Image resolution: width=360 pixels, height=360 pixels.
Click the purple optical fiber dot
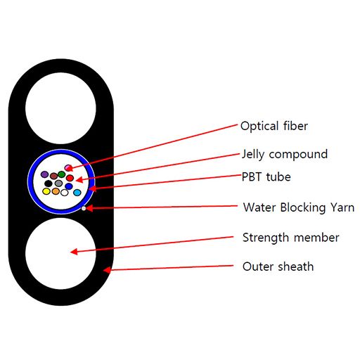tap(45, 174)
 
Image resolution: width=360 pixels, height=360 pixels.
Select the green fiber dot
tap(62, 174)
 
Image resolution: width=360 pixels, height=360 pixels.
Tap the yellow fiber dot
tap(46, 191)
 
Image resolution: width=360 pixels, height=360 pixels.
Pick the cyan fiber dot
tap(77, 192)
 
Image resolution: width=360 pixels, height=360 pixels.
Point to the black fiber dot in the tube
tap(49, 184)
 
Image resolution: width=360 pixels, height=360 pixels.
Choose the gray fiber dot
tap(59, 184)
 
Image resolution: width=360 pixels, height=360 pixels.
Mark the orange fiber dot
tap(56, 191)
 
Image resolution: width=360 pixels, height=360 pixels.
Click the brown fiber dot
tap(53, 176)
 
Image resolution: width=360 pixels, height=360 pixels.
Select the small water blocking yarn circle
tap(84, 208)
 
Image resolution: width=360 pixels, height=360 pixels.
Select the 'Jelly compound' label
tap(284, 154)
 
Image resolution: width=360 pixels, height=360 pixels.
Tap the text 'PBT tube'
tap(265, 176)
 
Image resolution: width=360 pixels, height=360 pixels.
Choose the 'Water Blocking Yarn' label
tap(298, 207)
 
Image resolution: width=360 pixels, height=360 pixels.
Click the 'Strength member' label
tap(290, 238)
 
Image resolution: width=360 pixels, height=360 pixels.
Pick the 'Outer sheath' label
tap(278, 266)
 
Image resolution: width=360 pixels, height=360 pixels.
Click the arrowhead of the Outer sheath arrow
tap(105, 269)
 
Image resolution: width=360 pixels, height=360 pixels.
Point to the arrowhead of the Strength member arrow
tap(72, 251)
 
